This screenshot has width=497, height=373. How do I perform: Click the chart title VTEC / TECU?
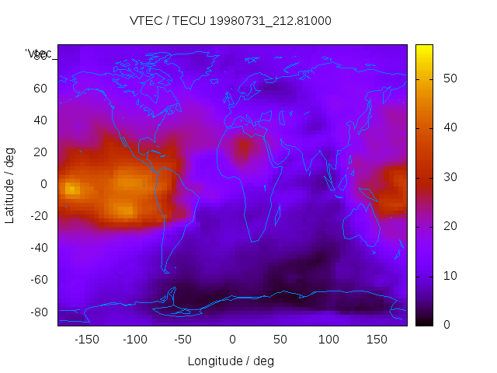point(231,21)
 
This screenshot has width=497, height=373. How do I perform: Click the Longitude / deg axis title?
point(231,361)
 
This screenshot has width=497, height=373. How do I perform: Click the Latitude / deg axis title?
point(10,184)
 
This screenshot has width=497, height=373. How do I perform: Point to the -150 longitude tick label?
point(87,340)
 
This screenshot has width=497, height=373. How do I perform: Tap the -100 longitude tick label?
point(135,340)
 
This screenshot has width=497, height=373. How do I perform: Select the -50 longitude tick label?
point(183,340)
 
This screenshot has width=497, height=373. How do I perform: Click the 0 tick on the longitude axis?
point(232,340)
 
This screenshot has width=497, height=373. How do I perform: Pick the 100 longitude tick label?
point(328,340)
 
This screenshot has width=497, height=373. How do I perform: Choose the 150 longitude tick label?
point(377,340)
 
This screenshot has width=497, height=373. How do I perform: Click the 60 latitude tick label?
point(40,88)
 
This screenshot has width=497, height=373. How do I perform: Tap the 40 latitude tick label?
point(40,120)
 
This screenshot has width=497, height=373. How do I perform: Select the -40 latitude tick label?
point(39,248)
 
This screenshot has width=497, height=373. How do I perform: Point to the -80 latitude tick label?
point(39,312)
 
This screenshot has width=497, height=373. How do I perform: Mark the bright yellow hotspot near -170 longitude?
point(70,189)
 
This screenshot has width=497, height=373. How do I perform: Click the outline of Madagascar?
point(277,214)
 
